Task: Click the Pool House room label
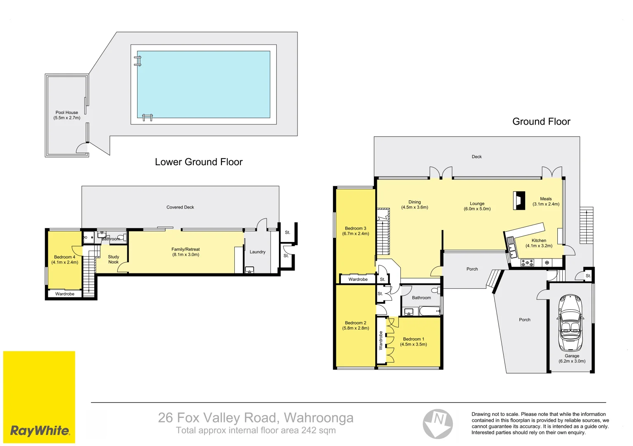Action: click(x=67, y=112)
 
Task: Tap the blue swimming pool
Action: click(x=203, y=84)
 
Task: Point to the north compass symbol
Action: click(x=438, y=424)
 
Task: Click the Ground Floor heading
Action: click(x=541, y=121)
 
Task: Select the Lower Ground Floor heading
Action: click(x=198, y=162)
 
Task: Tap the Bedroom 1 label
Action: click(x=413, y=339)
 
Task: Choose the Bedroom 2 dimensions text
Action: click(x=355, y=328)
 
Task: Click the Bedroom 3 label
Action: click(x=355, y=228)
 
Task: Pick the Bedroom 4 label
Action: click(x=64, y=257)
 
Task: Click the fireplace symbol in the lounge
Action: click(x=519, y=201)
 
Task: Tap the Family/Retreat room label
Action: click(x=186, y=249)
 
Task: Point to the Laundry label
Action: click(x=257, y=252)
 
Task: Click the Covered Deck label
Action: click(x=180, y=207)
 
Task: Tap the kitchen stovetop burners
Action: click(x=527, y=263)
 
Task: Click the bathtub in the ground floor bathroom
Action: click(x=429, y=311)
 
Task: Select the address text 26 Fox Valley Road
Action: click(x=255, y=418)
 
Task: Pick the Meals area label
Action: click(x=545, y=199)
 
